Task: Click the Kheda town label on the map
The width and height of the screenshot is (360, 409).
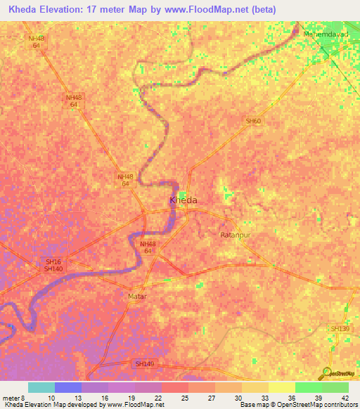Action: [184, 200]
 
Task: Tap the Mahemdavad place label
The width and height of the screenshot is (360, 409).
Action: [324, 33]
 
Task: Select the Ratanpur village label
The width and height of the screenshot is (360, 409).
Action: [236, 235]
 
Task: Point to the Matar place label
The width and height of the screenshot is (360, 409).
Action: [137, 297]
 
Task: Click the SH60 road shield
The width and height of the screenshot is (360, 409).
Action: [253, 121]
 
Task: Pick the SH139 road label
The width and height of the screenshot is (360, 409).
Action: [340, 328]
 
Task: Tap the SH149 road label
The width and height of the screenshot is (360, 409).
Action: [143, 363]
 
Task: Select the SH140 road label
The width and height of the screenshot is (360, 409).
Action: [53, 269]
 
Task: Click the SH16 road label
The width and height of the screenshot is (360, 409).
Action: [53, 262]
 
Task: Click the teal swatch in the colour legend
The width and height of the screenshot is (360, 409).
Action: [41, 387]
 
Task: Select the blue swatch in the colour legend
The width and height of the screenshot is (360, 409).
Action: [67, 387]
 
